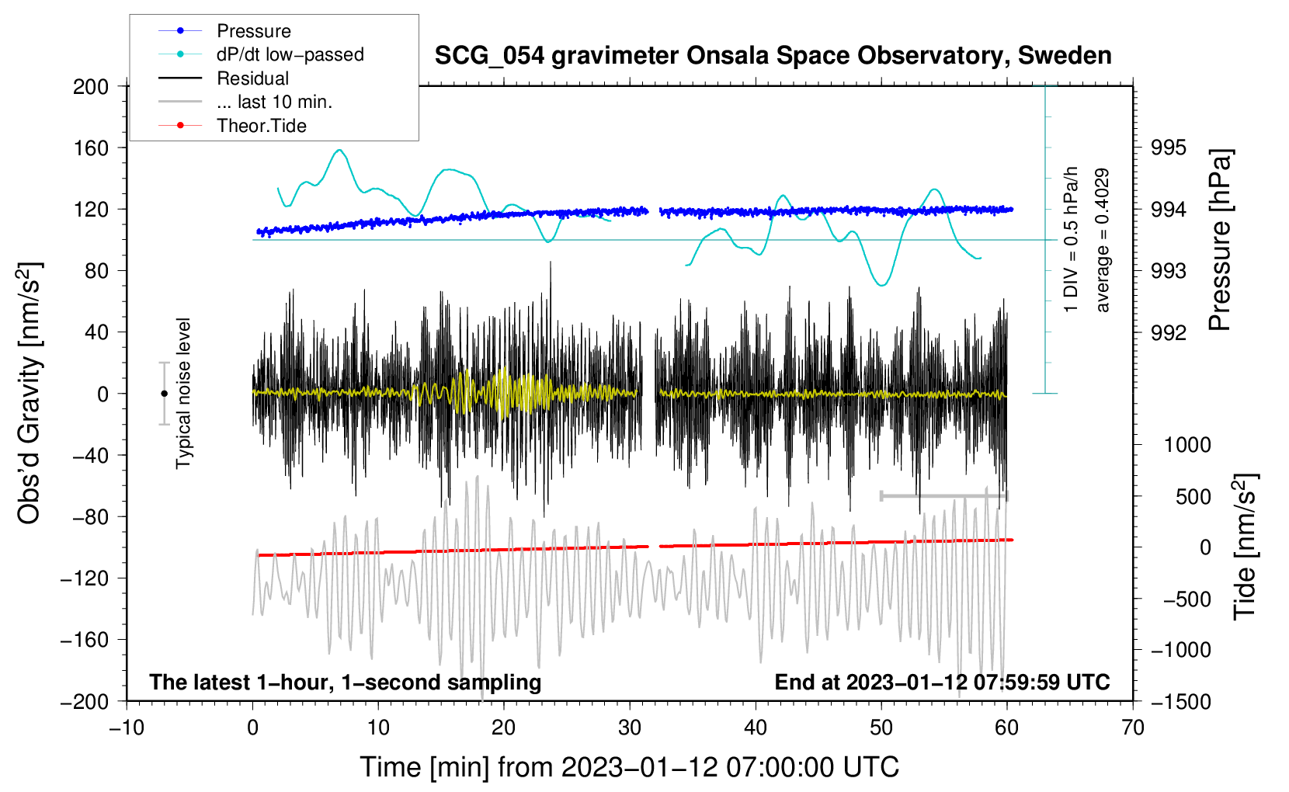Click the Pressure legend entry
253,31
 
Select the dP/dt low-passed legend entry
290,54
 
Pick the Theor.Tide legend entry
261,126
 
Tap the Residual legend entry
252,78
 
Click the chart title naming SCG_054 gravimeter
773,56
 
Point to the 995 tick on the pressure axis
1169,148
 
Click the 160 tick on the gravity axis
91,148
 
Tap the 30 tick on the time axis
630,728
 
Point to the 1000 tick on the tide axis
1187,445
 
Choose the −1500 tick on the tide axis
1181,701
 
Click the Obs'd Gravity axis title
29,393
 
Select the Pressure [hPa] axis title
1220,241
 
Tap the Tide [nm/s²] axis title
1245,547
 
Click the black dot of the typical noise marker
164,394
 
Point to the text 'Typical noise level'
183,393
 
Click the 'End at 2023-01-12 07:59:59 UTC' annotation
942,682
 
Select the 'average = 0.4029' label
1103,241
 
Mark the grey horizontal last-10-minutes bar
943,495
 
